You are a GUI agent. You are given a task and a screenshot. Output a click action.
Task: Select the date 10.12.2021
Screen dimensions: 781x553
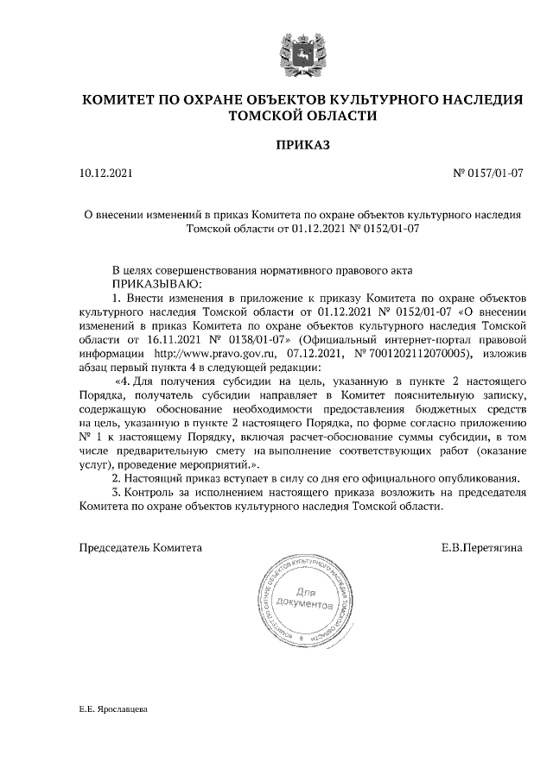106,173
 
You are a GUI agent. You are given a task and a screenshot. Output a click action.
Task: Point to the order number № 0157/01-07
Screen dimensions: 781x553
488,173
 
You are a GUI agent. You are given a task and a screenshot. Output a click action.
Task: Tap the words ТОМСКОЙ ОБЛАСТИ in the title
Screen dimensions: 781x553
302,116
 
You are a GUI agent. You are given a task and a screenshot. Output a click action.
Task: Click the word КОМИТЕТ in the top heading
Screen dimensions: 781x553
129,99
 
